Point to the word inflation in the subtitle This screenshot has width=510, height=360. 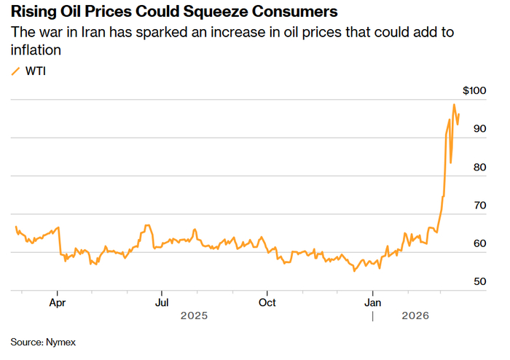point(35,50)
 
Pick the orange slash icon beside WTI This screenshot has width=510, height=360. point(16,71)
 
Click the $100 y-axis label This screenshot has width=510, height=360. point(474,91)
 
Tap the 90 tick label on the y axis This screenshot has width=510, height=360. point(479,129)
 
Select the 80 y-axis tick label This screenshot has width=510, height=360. point(479,167)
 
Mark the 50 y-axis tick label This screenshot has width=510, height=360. point(479,281)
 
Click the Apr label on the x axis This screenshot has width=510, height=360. point(58,302)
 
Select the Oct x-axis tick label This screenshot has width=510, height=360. point(267,302)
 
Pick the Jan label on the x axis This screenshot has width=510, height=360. point(373,302)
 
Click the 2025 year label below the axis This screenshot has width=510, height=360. point(195,316)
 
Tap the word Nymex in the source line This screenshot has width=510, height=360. point(62,342)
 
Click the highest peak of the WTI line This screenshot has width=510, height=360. point(454,105)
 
